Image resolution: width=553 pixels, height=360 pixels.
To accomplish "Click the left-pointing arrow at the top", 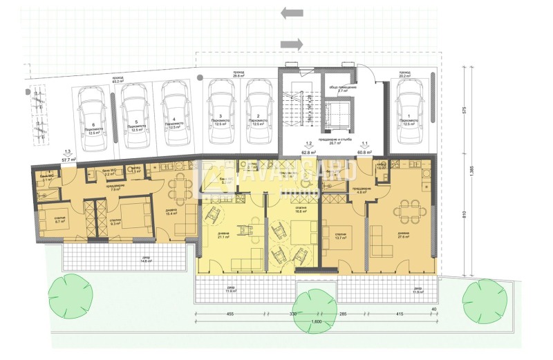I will [293, 13].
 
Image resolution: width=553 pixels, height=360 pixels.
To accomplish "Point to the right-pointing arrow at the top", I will [292, 44].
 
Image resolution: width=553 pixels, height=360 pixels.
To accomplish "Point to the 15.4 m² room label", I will [171, 213].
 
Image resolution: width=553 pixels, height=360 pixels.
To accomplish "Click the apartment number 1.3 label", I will [67, 152].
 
